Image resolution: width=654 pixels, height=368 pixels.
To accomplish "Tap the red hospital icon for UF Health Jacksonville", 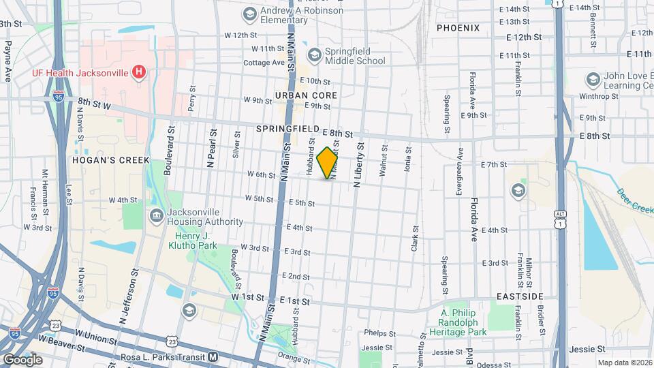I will coord(139,72).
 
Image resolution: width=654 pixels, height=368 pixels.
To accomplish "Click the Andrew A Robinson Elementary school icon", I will coord(249,14).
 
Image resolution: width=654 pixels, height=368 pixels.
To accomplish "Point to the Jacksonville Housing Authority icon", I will coord(157,217).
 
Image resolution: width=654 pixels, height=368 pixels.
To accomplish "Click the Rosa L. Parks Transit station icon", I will coord(213,356).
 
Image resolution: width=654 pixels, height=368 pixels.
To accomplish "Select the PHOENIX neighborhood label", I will coord(458,28).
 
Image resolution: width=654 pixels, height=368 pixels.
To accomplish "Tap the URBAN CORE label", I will coord(306,95).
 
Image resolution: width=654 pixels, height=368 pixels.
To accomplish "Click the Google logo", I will coord(22,359).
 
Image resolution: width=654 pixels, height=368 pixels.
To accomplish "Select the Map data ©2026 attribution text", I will coord(625,363).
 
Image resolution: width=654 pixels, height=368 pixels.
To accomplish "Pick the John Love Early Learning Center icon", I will coord(592,80).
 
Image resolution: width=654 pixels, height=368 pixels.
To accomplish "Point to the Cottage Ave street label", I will coord(263,63).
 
